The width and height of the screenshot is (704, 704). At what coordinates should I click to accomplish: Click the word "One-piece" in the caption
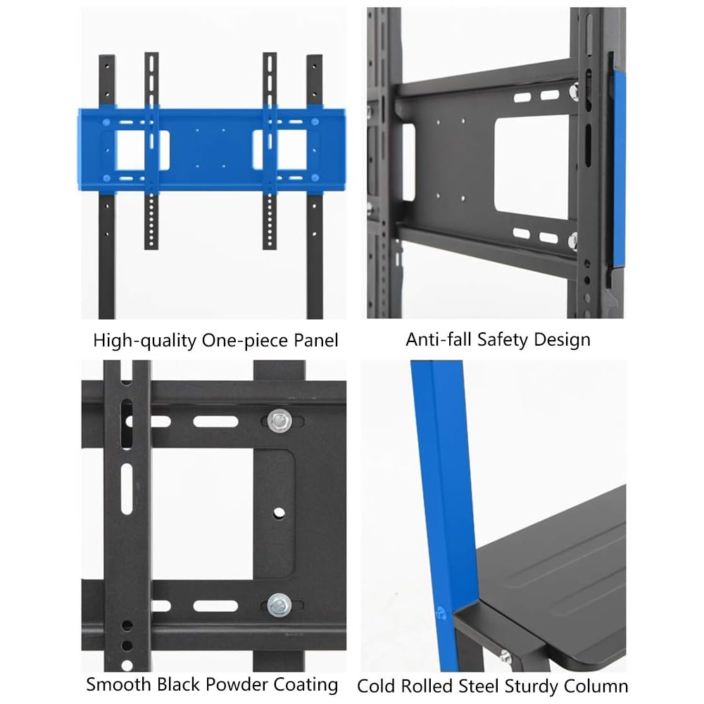(245, 340)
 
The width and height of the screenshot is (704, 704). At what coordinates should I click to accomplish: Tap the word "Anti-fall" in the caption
(439, 339)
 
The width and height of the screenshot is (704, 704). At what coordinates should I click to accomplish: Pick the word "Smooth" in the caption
(118, 685)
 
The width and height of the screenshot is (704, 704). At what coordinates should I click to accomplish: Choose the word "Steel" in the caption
(478, 686)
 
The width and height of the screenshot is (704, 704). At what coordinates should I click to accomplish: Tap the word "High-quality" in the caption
(145, 341)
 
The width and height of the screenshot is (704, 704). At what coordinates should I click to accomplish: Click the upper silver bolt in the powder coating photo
(279, 421)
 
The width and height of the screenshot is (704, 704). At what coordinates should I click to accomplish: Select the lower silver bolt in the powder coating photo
(279, 605)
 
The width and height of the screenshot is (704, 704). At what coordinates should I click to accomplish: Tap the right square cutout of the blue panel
(280, 150)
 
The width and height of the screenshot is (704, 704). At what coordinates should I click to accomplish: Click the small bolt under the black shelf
(505, 657)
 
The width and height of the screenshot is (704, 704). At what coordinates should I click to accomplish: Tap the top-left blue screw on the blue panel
(106, 122)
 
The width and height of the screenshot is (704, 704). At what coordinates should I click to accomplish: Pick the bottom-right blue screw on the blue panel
(315, 178)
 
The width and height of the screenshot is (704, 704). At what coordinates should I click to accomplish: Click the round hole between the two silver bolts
(279, 513)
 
